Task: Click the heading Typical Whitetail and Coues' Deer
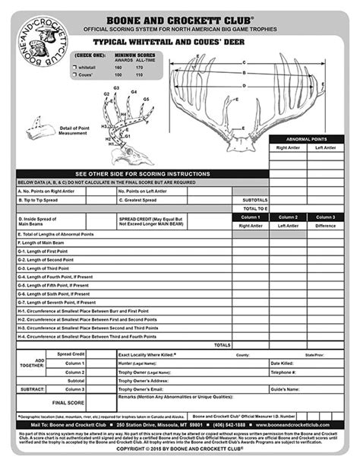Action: [x=180, y=45]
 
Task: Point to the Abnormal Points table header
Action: [x=308, y=139]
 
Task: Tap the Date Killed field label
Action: [x=283, y=363]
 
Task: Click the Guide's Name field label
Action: [x=285, y=389]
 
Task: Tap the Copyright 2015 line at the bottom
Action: [x=180, y=449]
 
